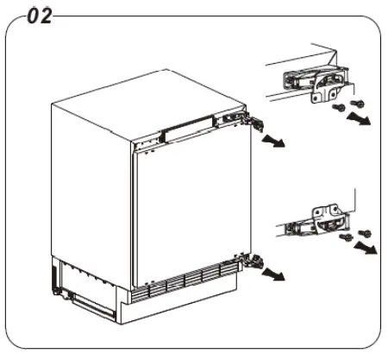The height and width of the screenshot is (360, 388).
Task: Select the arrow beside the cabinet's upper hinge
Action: click(274, 140)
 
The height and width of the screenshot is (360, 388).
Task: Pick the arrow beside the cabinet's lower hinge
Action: click(274, 275)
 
